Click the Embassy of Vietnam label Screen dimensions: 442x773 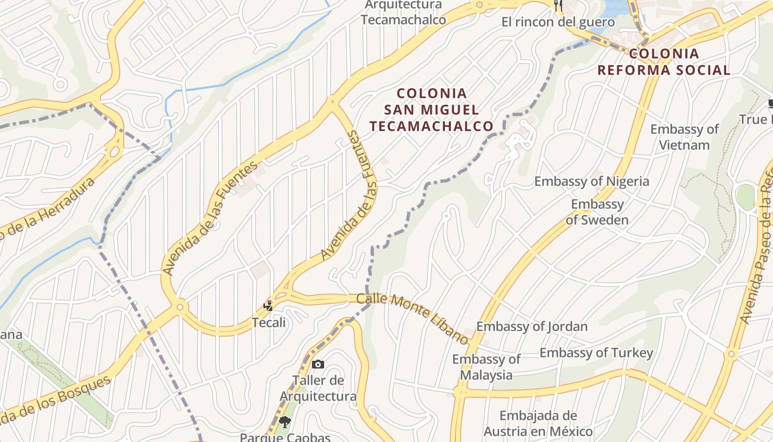click(x=684, y=137)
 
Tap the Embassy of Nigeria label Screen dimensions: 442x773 click(x=591, y=181)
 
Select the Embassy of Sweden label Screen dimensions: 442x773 click(x=597, y=212)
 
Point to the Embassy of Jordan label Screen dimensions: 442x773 click(x=532, y=327)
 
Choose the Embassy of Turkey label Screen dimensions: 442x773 click(x=596, y=352)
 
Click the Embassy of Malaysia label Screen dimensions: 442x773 click(x=486, y=367)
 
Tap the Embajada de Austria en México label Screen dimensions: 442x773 click(x=538, y=423)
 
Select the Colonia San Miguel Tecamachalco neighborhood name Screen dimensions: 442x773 click(x=431, y=109)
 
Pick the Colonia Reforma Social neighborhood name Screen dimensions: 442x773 click(x=664, y=62)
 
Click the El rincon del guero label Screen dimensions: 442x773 click(x=558, y=22)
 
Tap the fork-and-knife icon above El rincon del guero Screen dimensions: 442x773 click(x=558, y=6)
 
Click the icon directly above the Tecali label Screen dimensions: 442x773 click(x=268, y=305)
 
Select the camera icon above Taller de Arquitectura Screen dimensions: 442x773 click(x=317, y=364)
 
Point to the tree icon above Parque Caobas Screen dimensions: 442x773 click(x=285, y=423)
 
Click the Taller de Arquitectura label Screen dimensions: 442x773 click(x=318, y=388)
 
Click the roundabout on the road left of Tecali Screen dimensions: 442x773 click(x=180, y=306)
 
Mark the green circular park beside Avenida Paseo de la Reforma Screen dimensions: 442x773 click(x=745, y=197)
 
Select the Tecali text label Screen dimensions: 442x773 click(x=269, y=322)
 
